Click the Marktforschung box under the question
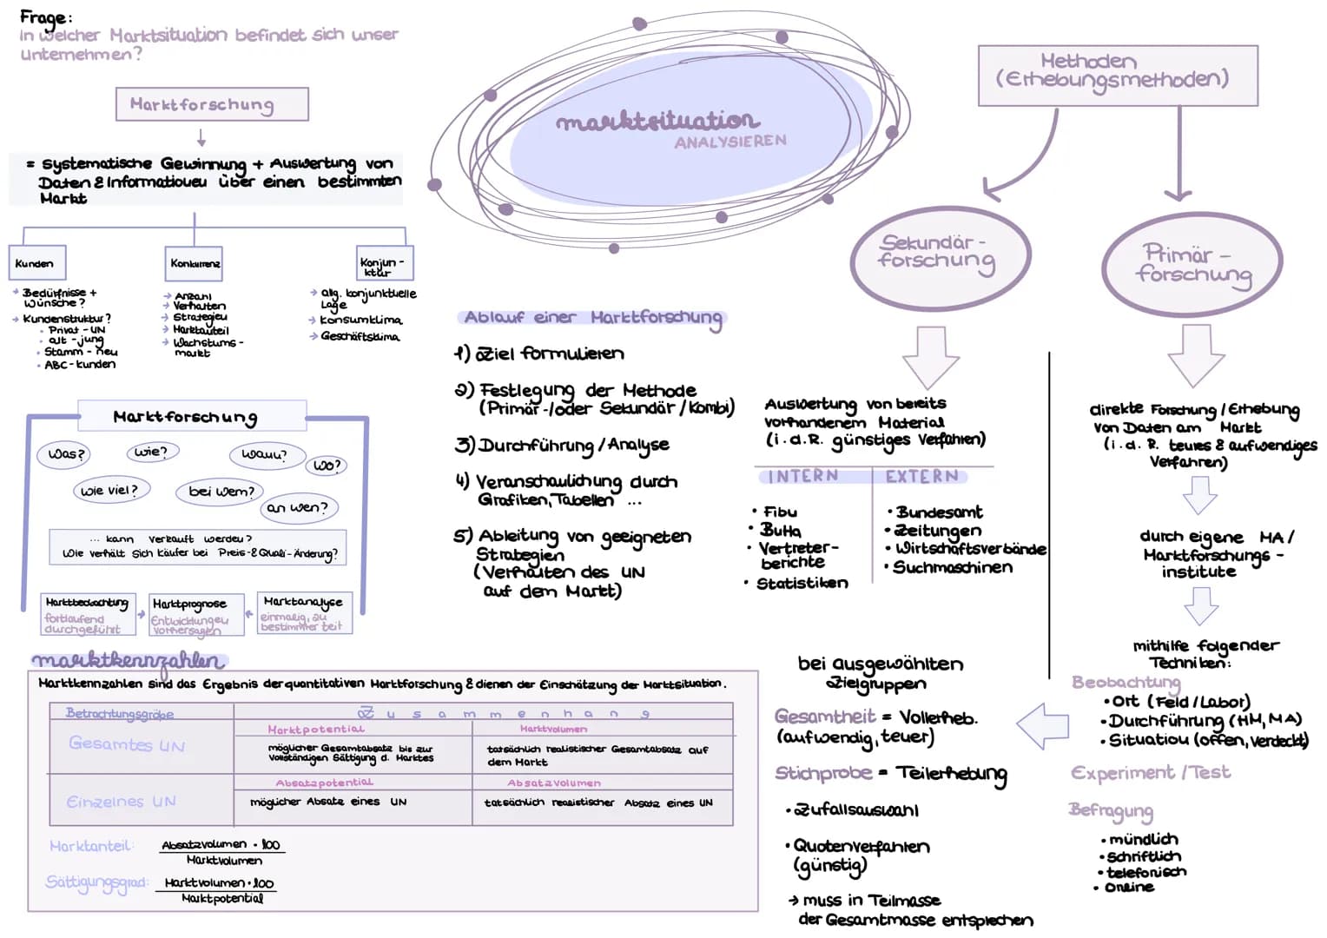point(212,104)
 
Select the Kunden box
point(39,262)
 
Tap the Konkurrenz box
point(195,262)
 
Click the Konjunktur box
point(381,262)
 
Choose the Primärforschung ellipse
point(1192,264)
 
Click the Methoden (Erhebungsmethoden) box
point(1117,75)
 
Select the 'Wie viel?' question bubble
point(111,491)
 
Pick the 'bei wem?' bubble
point(221,492)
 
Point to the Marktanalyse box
point(304,612)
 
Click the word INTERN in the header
point(802,476)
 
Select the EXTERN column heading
point(921,476)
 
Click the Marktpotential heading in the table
point(316,730)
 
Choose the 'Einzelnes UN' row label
point(122,802)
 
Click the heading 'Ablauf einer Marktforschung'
point(592,318)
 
